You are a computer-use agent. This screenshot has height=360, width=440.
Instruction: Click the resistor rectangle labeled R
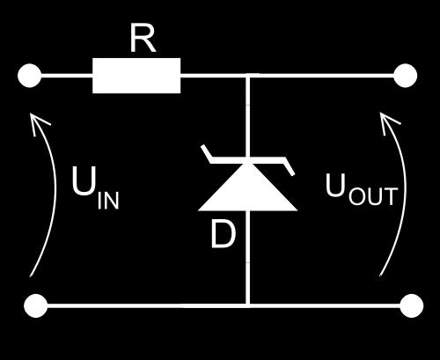136,76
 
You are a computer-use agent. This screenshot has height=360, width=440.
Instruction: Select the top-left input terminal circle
29,76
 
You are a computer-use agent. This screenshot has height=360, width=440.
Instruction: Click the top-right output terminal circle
405,76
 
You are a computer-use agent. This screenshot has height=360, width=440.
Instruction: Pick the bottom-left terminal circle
35,305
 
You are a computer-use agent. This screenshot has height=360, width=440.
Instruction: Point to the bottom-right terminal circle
412,305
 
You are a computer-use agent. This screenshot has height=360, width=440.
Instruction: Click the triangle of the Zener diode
248,187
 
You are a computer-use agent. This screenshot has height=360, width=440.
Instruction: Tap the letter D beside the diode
223,235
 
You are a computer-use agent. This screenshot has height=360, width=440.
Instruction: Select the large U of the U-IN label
84,181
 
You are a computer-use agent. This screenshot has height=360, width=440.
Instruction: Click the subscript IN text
108,201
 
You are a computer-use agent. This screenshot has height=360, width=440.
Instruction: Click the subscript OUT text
373,196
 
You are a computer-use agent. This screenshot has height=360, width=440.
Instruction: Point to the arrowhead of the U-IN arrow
33,115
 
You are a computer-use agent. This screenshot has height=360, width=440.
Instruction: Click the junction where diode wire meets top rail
248,76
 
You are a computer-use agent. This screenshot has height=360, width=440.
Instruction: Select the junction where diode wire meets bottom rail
248,305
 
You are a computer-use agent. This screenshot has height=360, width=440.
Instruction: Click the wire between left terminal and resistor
67,76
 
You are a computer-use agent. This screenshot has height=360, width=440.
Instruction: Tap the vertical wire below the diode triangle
248,258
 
